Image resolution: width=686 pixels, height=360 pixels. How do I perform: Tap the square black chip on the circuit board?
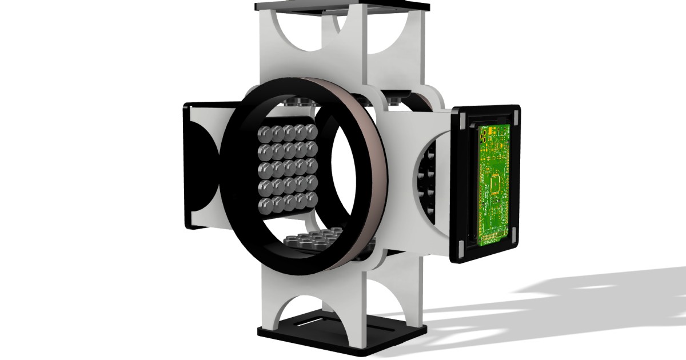point(495,185)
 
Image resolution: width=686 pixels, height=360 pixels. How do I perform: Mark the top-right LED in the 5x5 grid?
point(310,130)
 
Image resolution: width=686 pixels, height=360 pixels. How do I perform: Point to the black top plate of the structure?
point(342,5)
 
